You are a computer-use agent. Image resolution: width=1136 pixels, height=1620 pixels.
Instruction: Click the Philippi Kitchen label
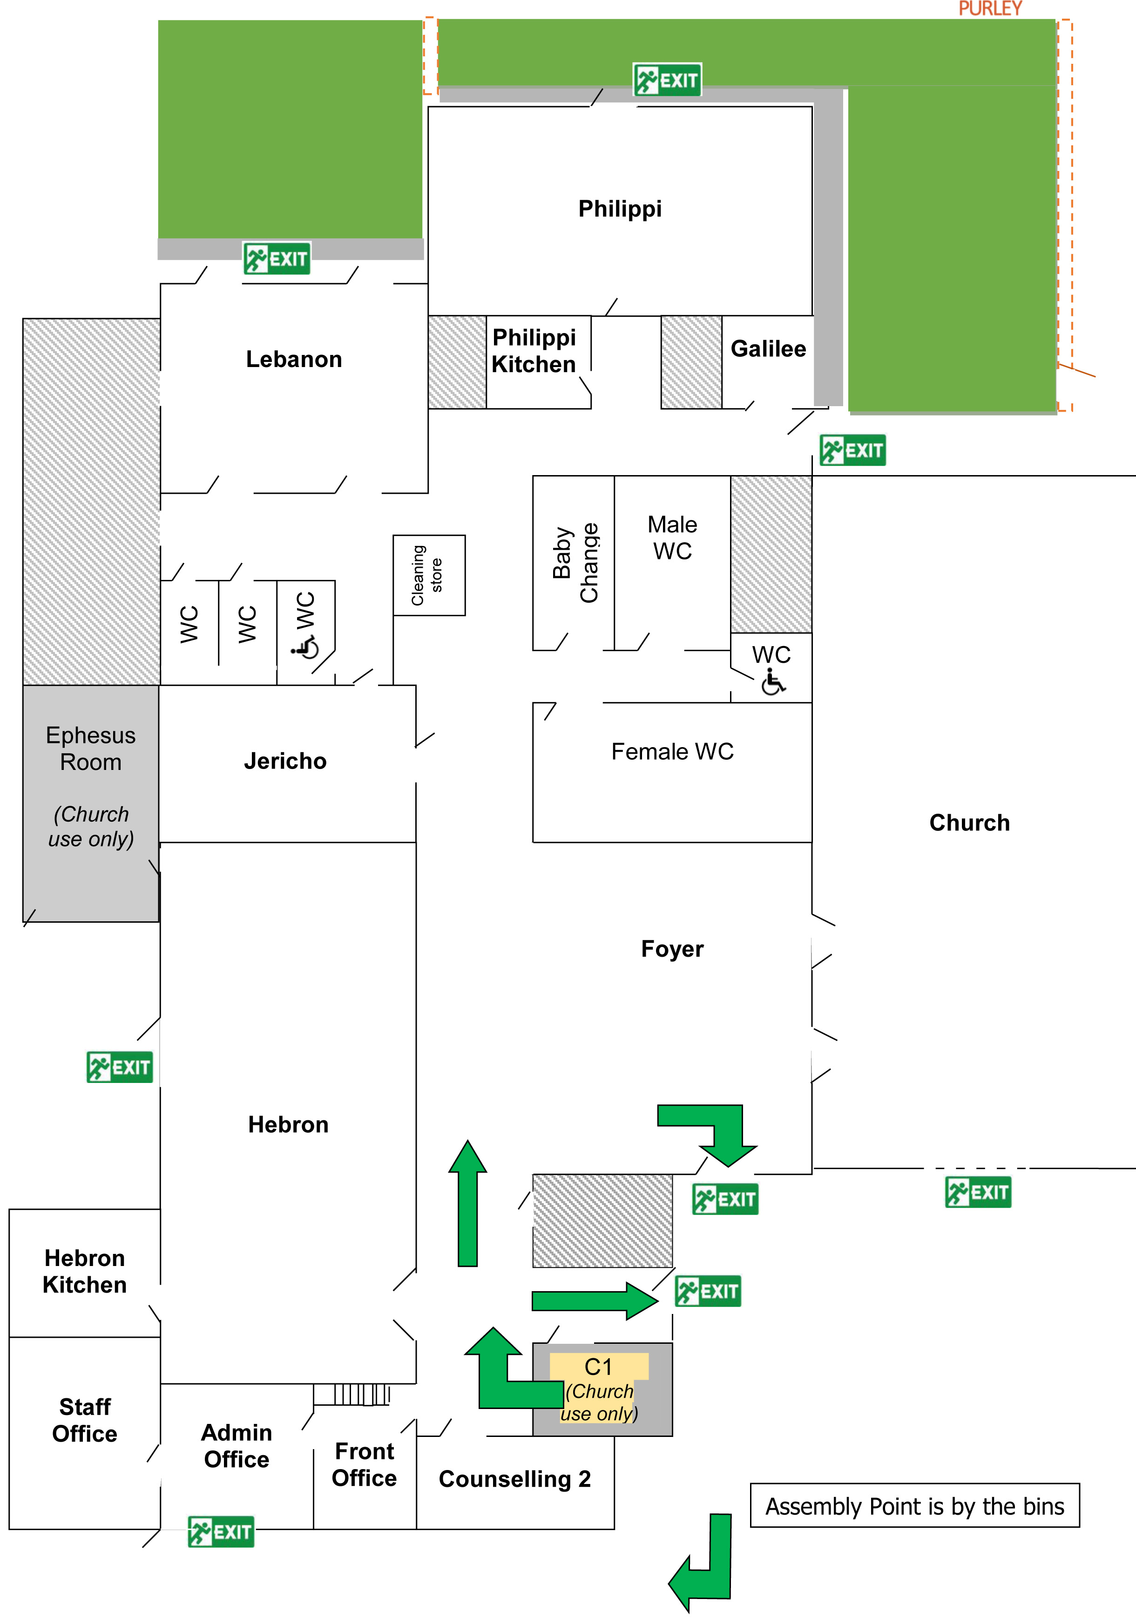(534, 351)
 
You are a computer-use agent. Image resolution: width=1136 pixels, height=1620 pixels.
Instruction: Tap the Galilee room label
(768, 348)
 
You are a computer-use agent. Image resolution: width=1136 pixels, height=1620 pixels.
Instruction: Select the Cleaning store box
(429, 575)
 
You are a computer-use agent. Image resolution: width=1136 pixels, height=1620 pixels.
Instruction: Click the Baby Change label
(575, 563)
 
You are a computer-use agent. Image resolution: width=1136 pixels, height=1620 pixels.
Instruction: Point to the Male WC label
(672, 538)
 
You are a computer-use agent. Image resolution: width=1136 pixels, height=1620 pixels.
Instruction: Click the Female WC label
(672, 751)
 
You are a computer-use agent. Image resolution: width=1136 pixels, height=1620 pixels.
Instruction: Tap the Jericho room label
(285, 761)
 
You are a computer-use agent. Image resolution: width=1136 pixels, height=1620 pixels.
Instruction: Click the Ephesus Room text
(90, 749)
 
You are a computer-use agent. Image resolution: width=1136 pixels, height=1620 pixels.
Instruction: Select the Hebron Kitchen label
(85, 1272)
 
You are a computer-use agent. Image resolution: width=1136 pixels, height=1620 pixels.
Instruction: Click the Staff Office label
(85, 1420)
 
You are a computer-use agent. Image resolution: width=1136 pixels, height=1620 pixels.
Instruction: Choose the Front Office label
(364, 1464)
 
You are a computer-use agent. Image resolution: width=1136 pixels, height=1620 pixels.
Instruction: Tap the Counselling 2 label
(514, 1479)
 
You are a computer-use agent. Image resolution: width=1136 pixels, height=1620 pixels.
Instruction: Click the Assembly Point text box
(914, 1506)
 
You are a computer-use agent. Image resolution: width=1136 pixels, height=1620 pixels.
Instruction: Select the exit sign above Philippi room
(667, 80)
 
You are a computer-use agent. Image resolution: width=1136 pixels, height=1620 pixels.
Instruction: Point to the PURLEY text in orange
(989, 8)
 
